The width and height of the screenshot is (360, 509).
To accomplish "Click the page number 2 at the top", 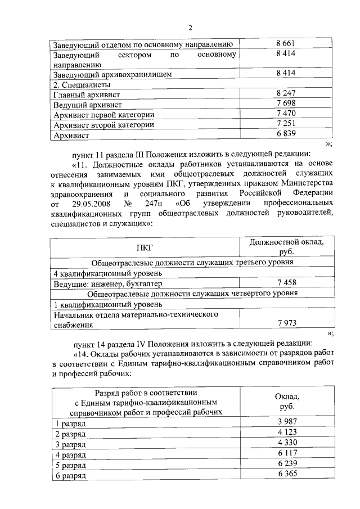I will [x=191, y=28].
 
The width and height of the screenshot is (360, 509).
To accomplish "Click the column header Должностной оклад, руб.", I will [x=286, y=246].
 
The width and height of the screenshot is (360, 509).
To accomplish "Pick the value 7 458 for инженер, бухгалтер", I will [x=286, y=282].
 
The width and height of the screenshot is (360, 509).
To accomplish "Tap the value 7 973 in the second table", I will [x=286, y=323].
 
